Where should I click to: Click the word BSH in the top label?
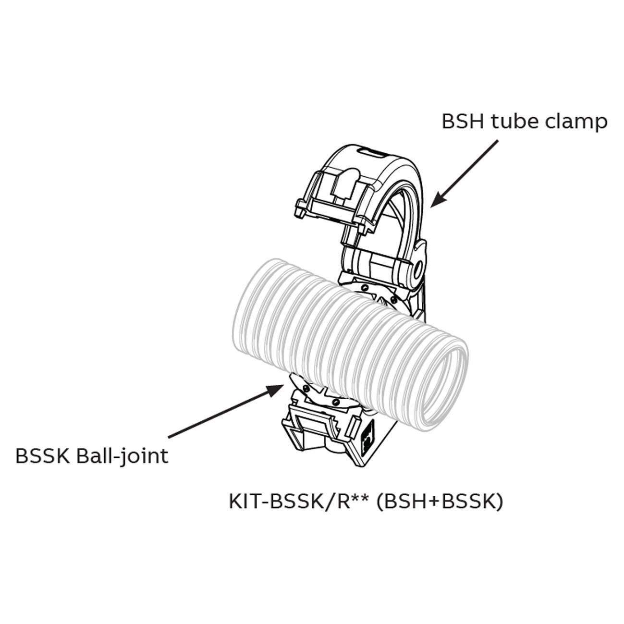tap(463, 122)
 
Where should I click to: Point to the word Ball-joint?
tap(122, 455)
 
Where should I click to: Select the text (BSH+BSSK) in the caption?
tap(440, 502)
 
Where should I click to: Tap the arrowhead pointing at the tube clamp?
tap(435, 203)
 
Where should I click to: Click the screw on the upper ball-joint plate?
tap(366, 288)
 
